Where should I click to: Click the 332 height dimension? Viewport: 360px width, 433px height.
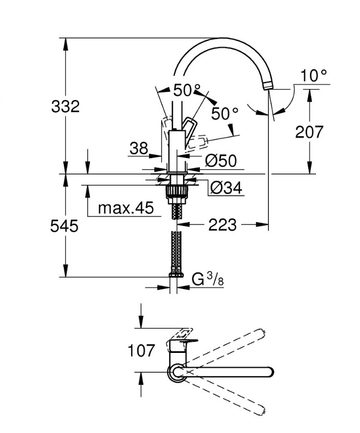65,106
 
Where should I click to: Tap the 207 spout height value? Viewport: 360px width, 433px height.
309,132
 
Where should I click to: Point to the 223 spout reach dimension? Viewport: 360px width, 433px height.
222,225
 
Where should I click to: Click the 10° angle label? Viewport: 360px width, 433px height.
313,76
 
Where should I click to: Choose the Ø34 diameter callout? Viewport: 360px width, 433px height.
226,187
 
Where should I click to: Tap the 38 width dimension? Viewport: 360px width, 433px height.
139,149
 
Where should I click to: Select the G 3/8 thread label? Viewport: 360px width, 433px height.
208,280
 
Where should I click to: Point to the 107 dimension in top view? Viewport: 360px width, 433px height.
141,350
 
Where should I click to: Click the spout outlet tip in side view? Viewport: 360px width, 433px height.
268,86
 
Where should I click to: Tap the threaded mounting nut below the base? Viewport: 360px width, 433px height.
176,191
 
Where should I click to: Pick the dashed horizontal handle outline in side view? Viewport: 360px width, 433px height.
199,141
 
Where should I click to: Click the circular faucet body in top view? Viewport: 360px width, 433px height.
175,372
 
